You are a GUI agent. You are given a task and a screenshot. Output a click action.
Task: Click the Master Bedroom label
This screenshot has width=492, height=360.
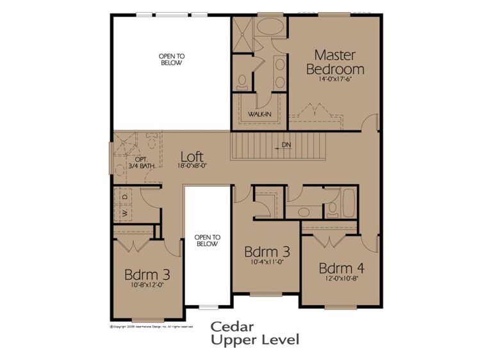335,61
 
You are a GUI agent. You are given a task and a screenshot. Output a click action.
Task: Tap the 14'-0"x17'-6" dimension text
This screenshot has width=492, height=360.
335,81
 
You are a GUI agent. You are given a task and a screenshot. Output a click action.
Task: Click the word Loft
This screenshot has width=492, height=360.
192,155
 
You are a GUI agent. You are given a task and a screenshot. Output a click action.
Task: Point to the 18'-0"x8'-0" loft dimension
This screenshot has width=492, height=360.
193,166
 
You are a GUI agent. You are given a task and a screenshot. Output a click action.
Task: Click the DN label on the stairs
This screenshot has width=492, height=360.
286,145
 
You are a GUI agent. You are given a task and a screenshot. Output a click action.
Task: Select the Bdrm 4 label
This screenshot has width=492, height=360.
341,267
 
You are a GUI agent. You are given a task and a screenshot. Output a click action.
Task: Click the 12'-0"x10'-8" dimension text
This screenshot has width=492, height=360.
341,279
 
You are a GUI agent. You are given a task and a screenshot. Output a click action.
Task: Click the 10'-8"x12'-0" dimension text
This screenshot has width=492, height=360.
147,285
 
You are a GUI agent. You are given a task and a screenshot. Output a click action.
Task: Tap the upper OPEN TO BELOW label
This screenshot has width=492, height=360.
171,59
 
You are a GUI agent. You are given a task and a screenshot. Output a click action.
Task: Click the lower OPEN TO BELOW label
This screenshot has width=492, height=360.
207,240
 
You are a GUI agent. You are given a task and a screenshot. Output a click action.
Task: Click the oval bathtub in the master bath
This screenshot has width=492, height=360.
271,28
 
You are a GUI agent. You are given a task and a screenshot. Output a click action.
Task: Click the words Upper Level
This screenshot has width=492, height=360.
255,340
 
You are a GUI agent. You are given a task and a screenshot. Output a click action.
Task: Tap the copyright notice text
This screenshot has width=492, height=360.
151,326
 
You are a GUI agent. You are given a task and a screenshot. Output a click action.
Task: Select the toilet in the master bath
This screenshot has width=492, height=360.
242,81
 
